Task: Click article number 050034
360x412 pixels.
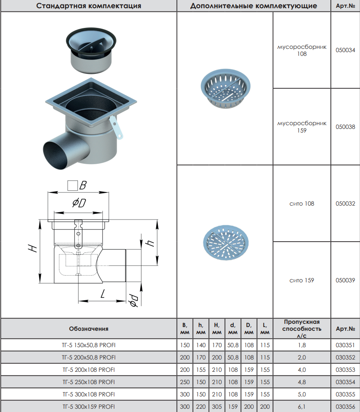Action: pyautogui.click(x=345, y=50)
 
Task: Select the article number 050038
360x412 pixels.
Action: pyautogui.click(x=345, y=127)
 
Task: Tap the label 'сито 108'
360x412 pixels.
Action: pyautogui.click(x=302, y=204)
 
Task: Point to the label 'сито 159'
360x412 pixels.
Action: pyautogui.click(x=302, y=280)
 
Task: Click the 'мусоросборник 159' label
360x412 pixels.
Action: pyautogui.click(x=302, y=127)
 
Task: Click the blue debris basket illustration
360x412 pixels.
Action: pyautogui.click(x=226, y=89)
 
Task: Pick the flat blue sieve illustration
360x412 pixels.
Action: pyautogui.click(x=226, y=243)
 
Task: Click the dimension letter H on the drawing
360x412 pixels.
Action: pyautogui.click(x=32, y=248)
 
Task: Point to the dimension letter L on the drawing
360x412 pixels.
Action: pyautogui.click(x=103, y=293)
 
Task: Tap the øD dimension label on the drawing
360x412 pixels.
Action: pyautogui.click(x=79, y=203)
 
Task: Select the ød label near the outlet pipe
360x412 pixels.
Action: pyautogui.click(x=134, y=300)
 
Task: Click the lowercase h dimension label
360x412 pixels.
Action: pyautogui.click(x=150, y=243)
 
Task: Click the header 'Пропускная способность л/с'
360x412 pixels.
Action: pyautogui.click(x=302, y=329)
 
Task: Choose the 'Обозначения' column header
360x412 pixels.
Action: pyautogui.click(x=89, y=329)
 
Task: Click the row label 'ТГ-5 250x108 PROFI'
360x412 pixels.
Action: pyautogui.click(x=89, y=382)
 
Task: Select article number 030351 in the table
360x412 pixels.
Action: pyautogui.click(x=345, y=345)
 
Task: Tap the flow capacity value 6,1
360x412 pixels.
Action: pyautogui.click(x=302, y=407)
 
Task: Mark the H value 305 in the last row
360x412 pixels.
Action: pyautogui.click(x=217, y=407)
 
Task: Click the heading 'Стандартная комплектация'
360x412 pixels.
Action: pyautogui.click(x=89, y=6)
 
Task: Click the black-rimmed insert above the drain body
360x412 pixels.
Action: pyautogui.click(x=91, y=50)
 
